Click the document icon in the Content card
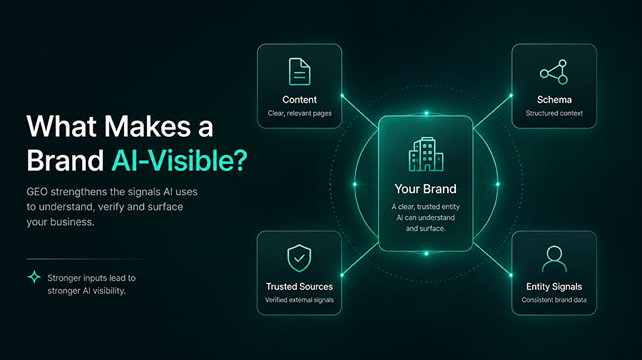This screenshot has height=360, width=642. (x=300, y=71)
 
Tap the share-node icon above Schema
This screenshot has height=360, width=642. (x=554, y=72)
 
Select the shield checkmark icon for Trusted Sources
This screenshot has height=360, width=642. (x=300, y=258)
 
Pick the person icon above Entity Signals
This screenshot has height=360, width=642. (x=554, y=259)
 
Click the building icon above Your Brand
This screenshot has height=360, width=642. (x=426, y=154)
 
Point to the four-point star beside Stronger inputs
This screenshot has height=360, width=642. (x=34, y=277)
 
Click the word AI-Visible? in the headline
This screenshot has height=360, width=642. (x=179, y=160)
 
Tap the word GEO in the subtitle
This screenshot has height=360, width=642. (x=37, y=192)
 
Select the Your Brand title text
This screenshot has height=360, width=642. (x=425, y=189)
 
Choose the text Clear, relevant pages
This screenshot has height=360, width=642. (x=300, y=113)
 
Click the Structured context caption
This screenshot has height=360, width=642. (x=554, y=113)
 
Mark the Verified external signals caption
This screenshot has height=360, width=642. (x=300, y=300)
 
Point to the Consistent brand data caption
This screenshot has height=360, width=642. (x=554, y=300)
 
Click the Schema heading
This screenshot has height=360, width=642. (x=554, y=100)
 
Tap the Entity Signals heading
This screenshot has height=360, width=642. (x=554, y=287)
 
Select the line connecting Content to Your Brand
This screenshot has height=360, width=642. (x=360, y=112)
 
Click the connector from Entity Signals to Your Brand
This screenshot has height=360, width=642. (x=491, y=259)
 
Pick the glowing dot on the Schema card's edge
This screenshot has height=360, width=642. (x=511, y=96)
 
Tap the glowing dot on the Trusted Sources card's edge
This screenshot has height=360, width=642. (x=342, y=275)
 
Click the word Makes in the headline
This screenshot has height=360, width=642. (x=148, y=126)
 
